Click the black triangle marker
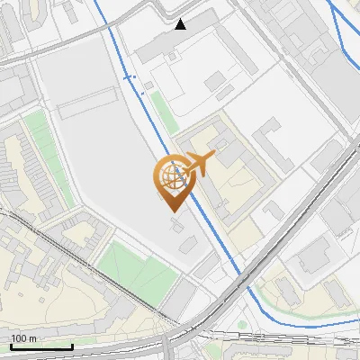[x=181, y=24]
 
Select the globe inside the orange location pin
[x=171, y=177]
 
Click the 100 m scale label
[x=23, y=338]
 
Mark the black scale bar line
[x=41, y=346]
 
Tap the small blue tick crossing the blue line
[x=130, y=78]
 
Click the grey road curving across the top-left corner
[x=54, y=45]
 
